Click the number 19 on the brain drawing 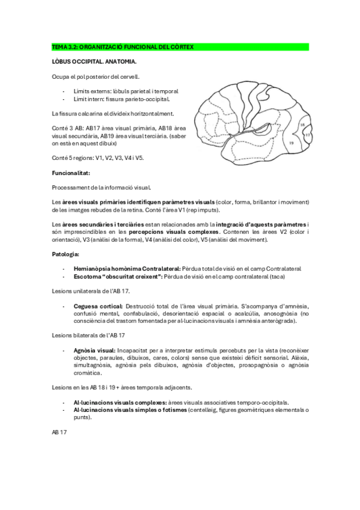pyautogui.click(x=290, y=143)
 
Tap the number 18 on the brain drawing pyautogui.click(x=302, y=125)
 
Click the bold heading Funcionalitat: pyautogui.click(x=71, y=173)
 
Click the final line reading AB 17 pyautogui.click(x=59, y=432)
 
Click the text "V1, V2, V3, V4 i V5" pyautogui.click(x=122, y=158)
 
